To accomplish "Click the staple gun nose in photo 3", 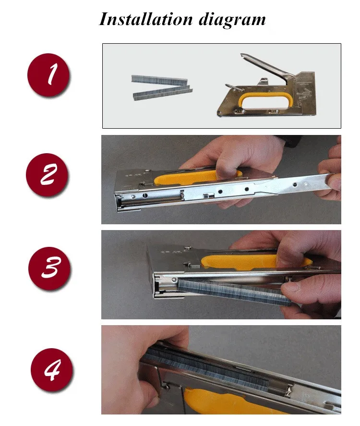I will tap(163, 288).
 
